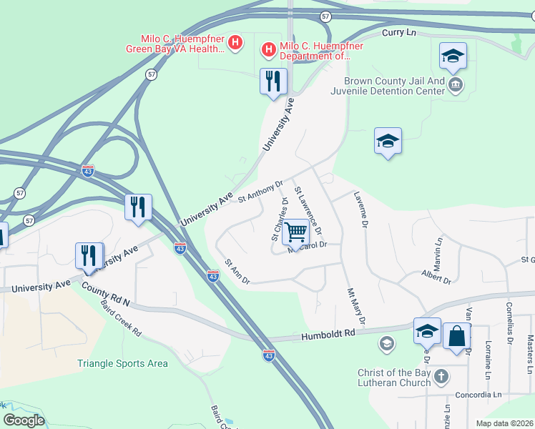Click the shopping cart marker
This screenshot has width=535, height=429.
[x=295, y=232]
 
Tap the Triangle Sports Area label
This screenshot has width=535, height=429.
[x=122, y=363]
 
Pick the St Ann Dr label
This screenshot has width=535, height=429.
[x=237, y=272]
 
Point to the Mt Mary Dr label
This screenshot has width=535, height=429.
[x=355, y=305]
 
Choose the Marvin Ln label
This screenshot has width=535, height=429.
[x=437, y=255]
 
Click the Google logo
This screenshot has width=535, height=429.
[x=24, y=420]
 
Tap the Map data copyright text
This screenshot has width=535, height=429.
[x=505, y=423]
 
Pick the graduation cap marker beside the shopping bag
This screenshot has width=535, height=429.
[x=427, y=331]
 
